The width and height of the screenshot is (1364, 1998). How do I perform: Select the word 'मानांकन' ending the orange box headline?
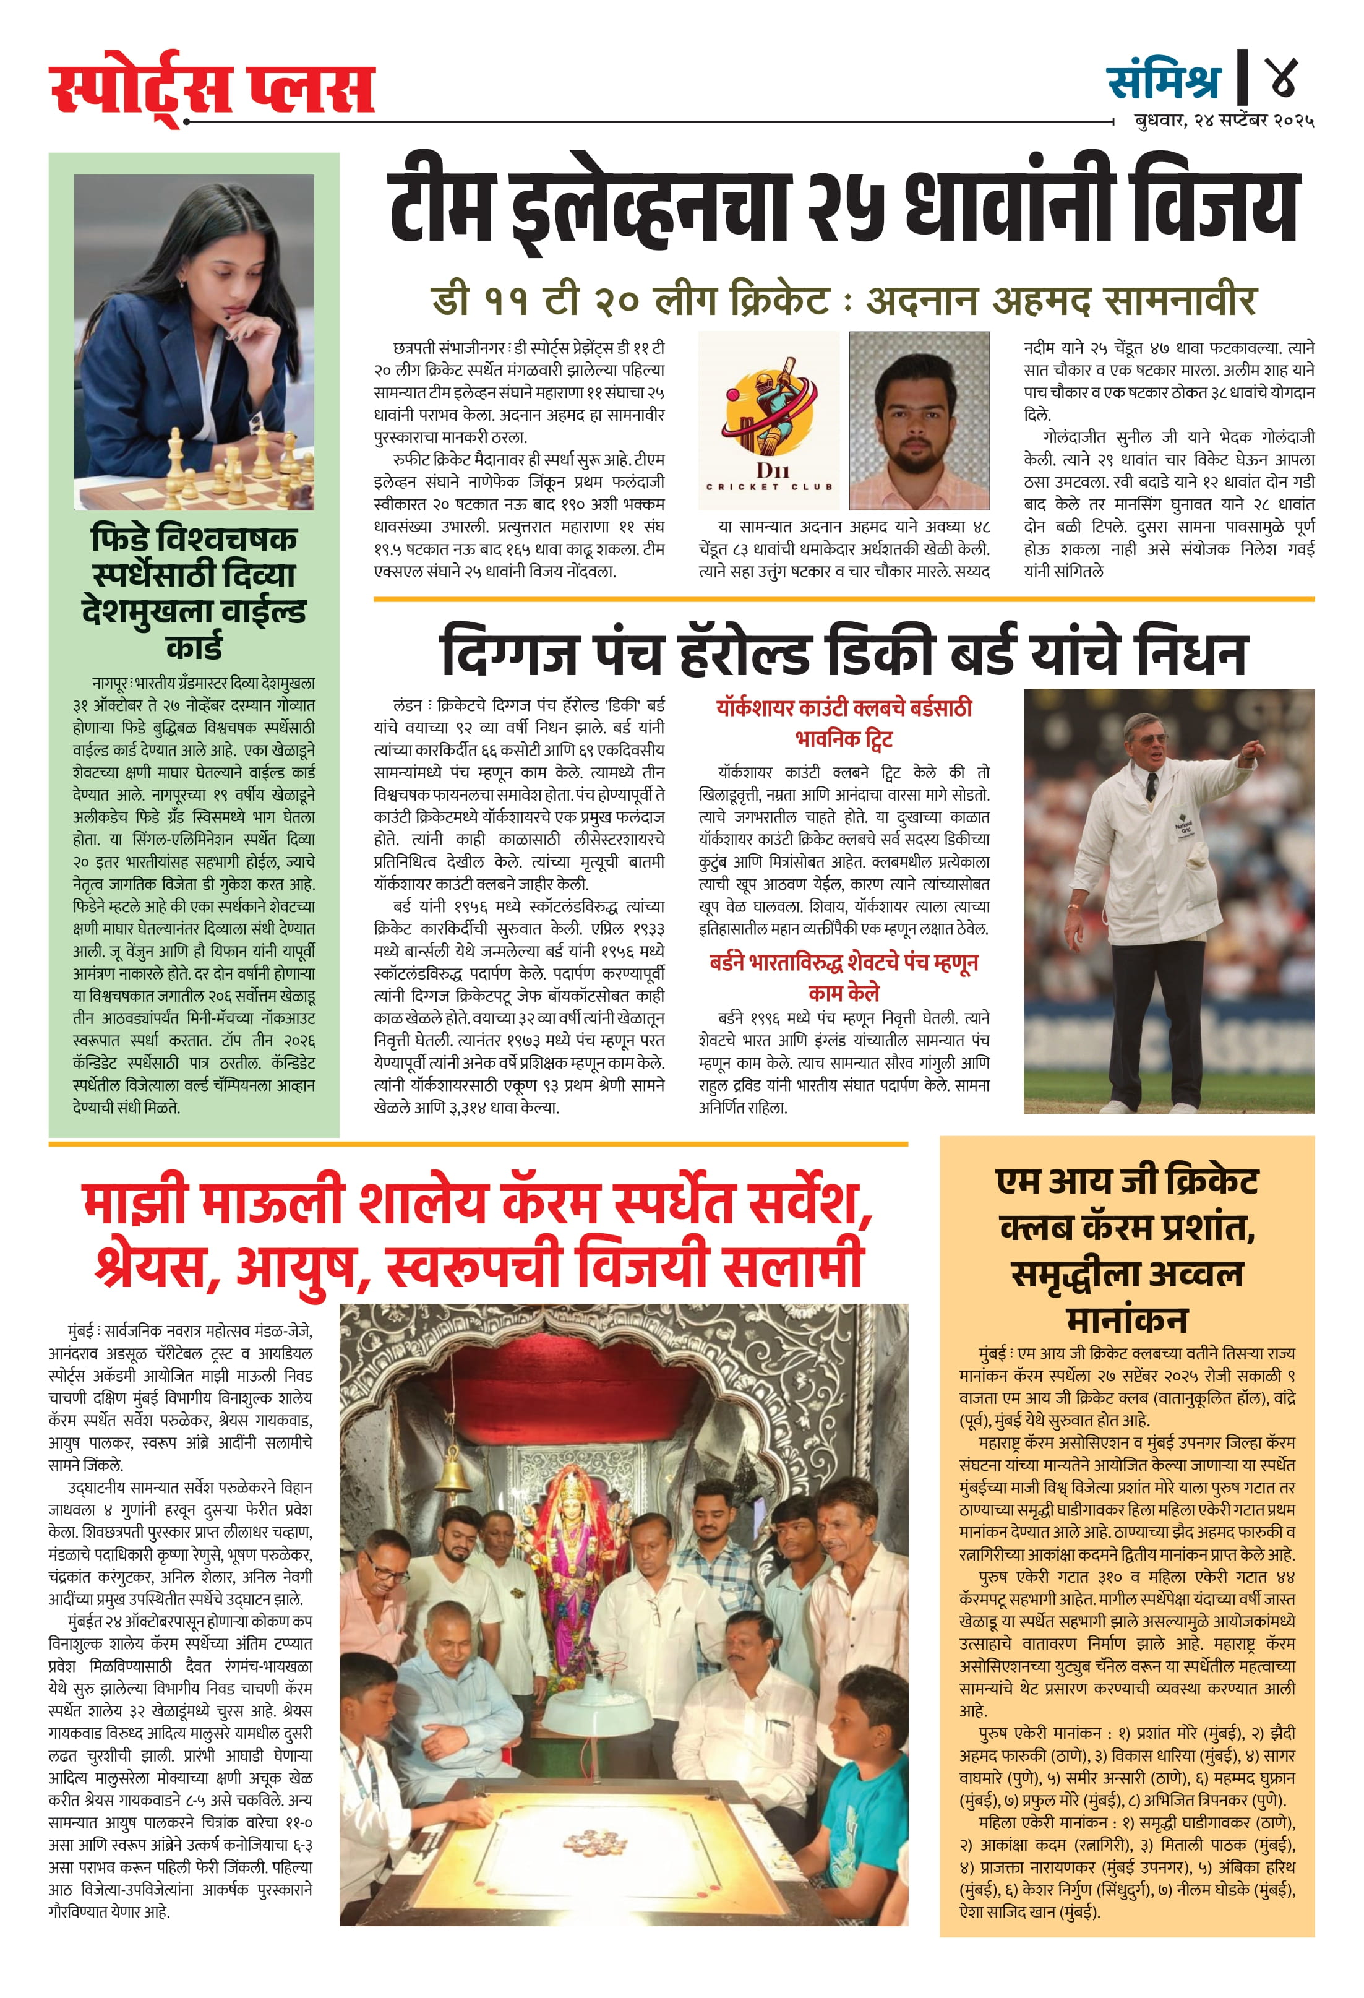1127,1319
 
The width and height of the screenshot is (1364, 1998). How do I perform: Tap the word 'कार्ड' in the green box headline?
194,645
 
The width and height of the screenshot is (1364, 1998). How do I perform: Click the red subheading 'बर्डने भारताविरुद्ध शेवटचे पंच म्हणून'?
843,962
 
